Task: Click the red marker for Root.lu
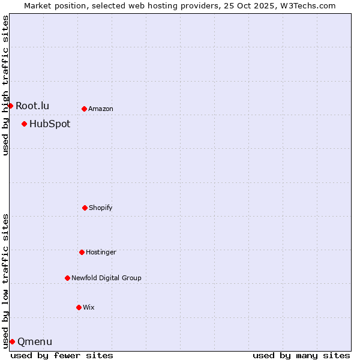10,106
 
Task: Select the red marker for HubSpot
24,124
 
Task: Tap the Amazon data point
84,109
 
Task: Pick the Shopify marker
85,208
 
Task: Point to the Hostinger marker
82,252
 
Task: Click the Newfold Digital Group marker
67,278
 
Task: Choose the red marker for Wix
79,307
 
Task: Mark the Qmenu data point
12,341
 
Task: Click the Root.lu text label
32,106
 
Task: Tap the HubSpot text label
50,124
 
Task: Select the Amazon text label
101,109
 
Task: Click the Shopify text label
101,208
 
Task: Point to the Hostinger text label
101,252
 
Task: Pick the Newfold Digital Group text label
106,278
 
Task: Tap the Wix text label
89,307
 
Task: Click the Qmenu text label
35,341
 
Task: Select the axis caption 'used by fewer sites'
62,355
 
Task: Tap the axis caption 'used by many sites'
301,355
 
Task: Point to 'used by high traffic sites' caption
5,85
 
